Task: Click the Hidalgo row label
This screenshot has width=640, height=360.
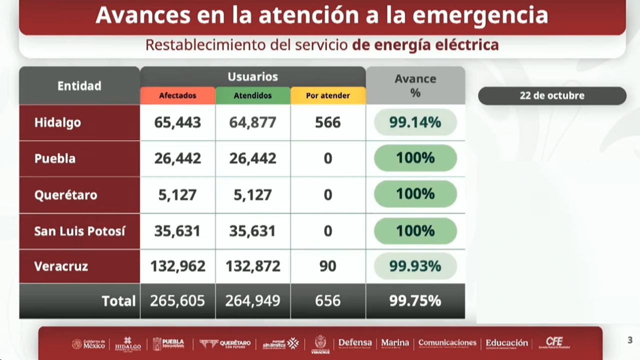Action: (57, 122)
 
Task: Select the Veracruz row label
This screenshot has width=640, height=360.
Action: (61, 266)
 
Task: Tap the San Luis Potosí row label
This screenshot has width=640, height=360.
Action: (79, 231)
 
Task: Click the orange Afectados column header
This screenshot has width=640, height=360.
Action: (177, 95)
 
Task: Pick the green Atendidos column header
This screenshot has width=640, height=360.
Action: (252, 95)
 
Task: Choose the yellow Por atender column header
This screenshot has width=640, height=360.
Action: (327, 95)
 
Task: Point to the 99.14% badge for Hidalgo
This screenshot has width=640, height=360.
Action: (415, 122)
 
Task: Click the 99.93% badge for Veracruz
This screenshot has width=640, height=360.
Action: (415, 266)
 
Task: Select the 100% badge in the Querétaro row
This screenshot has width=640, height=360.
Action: (415, 194)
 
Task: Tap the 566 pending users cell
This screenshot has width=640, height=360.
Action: (327, 122)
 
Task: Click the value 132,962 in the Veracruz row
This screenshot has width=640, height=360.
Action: (177, 266)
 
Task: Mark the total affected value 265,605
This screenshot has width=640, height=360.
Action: (177, 300)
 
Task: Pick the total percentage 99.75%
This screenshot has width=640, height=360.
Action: (415, 300)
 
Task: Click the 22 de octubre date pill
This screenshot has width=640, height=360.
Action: (552, 95)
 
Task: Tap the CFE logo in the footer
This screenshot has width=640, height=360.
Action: (554, 343)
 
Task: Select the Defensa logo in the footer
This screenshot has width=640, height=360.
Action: (355, 343)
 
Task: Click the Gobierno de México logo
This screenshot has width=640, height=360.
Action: (88, 344)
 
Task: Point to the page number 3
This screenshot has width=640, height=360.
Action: (630, 340)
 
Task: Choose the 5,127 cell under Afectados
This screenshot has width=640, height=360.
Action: (177, 194)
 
